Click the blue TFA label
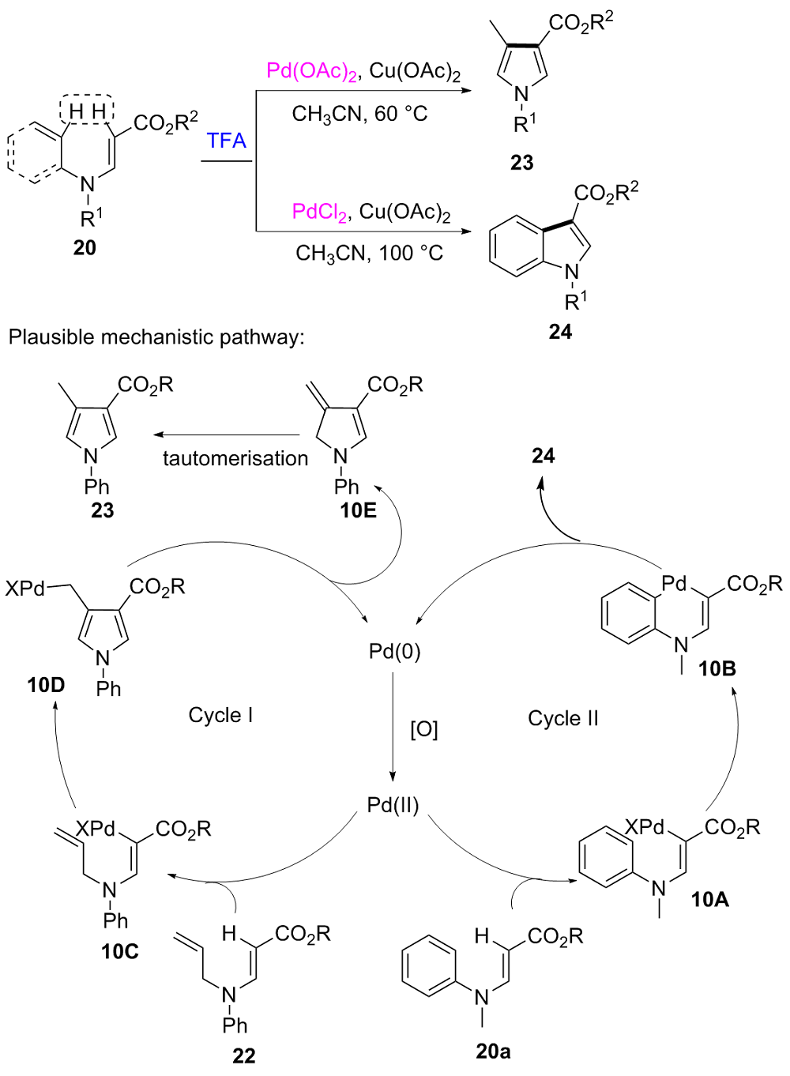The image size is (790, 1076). coord(227,141)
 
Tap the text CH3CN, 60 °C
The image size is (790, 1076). coord(359,115)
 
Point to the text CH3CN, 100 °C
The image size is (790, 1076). coord(369,254)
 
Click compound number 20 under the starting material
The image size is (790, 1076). coord(85,248)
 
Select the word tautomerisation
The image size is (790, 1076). coord(235,458)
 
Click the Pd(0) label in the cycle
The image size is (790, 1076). coord(394,652)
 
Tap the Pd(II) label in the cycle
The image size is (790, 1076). coord(393,805)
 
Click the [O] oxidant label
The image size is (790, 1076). coord(423,728)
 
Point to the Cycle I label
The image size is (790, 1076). coord(220,715)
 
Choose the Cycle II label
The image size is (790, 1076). coord(563,718)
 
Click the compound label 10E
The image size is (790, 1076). coord(358,510)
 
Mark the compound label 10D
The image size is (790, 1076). coord(46,685)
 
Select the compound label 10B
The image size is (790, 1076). coord(717,669)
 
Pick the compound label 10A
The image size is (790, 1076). coord(709,899)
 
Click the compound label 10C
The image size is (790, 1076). coord(120,951)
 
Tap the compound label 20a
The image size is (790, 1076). coord(493,1052)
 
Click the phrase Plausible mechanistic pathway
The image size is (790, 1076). coord(156,337)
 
